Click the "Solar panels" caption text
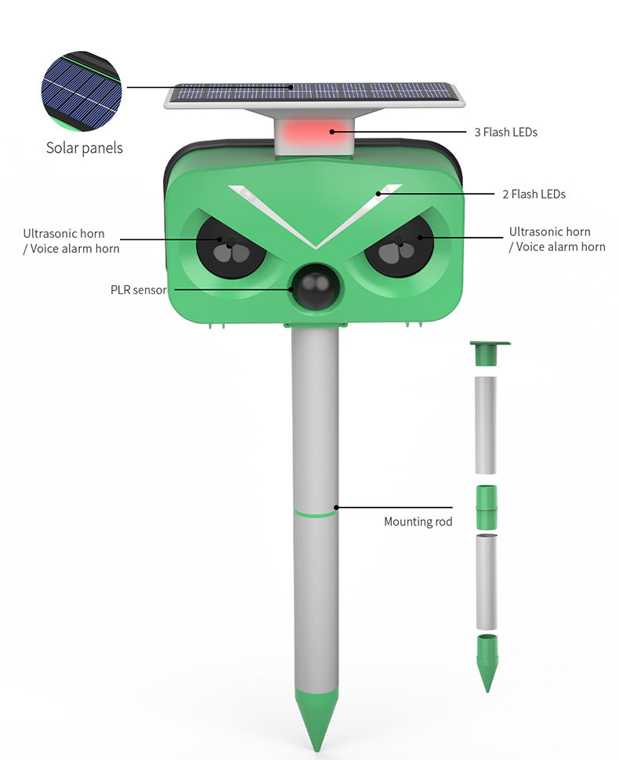pyautogui.click(x=84, y=147)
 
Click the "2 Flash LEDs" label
pyautogui.click(x=534, y=194)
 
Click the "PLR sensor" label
pyautogui.click(x=138, y=290)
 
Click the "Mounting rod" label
pyautogui.click(x=418, y=522)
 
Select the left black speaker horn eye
pyautogui.click(x=228, y=245)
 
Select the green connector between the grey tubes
pyautogui.click(x=487, y=508)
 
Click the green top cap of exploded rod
pyautogui.click(x=488, y=353)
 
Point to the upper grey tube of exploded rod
pyautogui.click(x=487, y=424)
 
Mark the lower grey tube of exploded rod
pyautogui.click(x=487, y=581)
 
